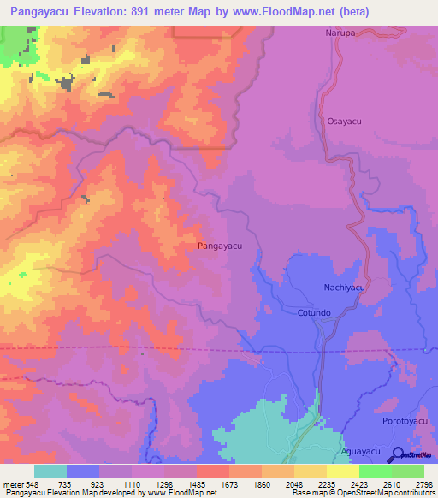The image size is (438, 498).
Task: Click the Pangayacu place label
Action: click(x=220, y=246)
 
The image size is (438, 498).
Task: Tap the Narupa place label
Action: click(x=340, y=33)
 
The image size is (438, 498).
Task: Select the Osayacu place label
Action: click(x=344, y=122)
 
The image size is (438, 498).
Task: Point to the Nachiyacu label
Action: click(x=345, y=288)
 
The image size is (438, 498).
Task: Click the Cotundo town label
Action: click(x=313, y=313)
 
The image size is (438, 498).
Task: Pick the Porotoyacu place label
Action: click(x=402, y=422)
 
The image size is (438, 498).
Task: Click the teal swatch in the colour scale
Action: click(x=50, y=471)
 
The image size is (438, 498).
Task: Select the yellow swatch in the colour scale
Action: click(x=343, y=471)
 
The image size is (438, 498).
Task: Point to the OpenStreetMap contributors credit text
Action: click(x=390, y=493)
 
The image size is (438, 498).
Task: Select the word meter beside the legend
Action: click(x=14, y=483)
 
